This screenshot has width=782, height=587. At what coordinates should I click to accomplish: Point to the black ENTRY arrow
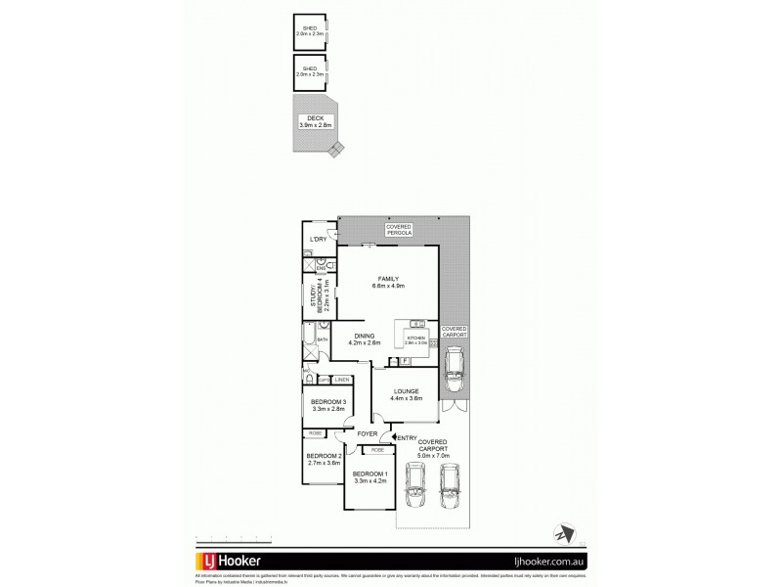tap(394, 439)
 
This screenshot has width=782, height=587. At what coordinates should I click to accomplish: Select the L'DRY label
tap(317, 240)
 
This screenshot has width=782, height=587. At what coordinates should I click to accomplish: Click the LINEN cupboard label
tap(342, 379)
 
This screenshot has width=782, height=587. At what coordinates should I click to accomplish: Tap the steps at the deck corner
tap(337, 150)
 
